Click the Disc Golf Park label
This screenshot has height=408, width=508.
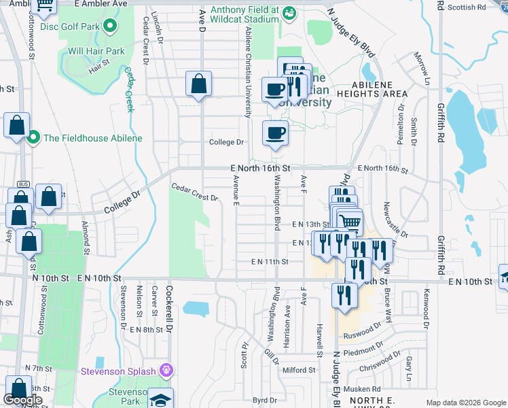click(70, 27)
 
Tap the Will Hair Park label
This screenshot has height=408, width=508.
click(96, 51)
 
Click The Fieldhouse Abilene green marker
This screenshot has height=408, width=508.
click(33, 138)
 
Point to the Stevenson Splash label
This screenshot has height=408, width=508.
click(118, 371)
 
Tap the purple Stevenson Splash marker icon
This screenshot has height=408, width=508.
click(165, 371)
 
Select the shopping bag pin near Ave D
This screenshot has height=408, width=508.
click(198, 86)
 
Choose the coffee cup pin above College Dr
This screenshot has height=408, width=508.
click(274, 133)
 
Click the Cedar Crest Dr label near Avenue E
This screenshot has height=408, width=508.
click(194, 192)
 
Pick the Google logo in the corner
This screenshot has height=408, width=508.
click(22, 400)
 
